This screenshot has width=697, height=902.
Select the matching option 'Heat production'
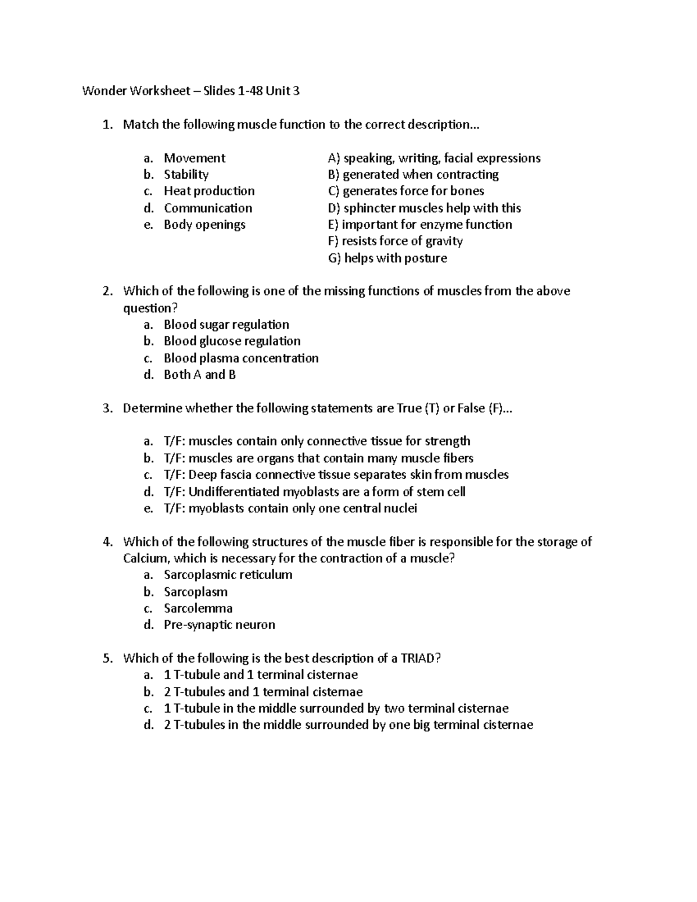click(209, 191)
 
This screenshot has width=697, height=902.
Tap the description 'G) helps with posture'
click(387, 258)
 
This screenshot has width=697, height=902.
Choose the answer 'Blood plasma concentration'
click(241, 358)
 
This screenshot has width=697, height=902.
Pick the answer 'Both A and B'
click(200, 375)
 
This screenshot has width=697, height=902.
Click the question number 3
click(106, 409)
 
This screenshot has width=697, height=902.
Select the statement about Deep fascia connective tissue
click(336, 475)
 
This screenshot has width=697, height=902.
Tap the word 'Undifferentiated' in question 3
click(234, 492)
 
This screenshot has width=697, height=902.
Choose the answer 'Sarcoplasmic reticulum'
click(228, 575)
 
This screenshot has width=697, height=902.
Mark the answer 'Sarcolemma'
click(198, 609)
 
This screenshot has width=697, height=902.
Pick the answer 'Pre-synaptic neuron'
click(219, 626)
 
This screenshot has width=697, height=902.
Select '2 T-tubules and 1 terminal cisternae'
click(263, 692)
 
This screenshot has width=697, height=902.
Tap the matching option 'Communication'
click(208, 208)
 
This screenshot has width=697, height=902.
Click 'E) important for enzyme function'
click(420, 225)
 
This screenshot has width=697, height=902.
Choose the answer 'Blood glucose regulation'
click(232, 342)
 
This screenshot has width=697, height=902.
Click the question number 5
click(106, 659)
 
